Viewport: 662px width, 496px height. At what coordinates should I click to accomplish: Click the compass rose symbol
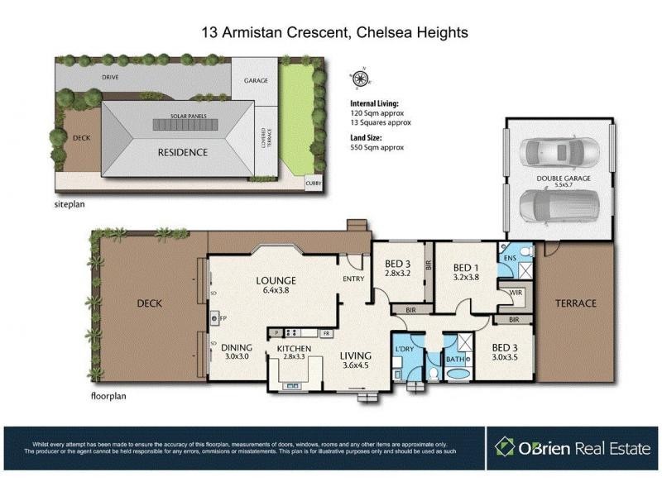[361, 79]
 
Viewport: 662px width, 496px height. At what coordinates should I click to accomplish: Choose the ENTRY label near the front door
[354, 279]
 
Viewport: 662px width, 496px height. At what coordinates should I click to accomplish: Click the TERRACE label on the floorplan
[575, 303]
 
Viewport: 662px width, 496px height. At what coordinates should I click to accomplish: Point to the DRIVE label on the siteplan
[111, 76]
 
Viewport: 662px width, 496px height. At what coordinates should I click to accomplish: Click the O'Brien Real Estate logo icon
[504, 447]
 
